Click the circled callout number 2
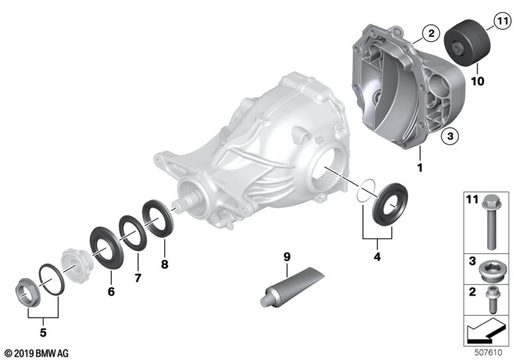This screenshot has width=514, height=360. [x=431, y=33]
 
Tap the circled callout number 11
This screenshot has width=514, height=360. [x=502, y=21]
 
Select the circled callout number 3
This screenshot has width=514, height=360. [x=450, y=136]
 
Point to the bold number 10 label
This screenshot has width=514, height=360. [x=478, y=81]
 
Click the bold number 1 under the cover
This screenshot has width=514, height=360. [x=419, y=168]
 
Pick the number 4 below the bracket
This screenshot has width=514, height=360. [x=377, y=257]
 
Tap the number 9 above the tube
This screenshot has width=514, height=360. [x=287, y=257]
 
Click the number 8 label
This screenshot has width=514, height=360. [x=164, y=264]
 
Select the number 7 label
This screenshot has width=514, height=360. [x=138, y=278]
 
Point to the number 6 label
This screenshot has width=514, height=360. [x=111, y=291]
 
